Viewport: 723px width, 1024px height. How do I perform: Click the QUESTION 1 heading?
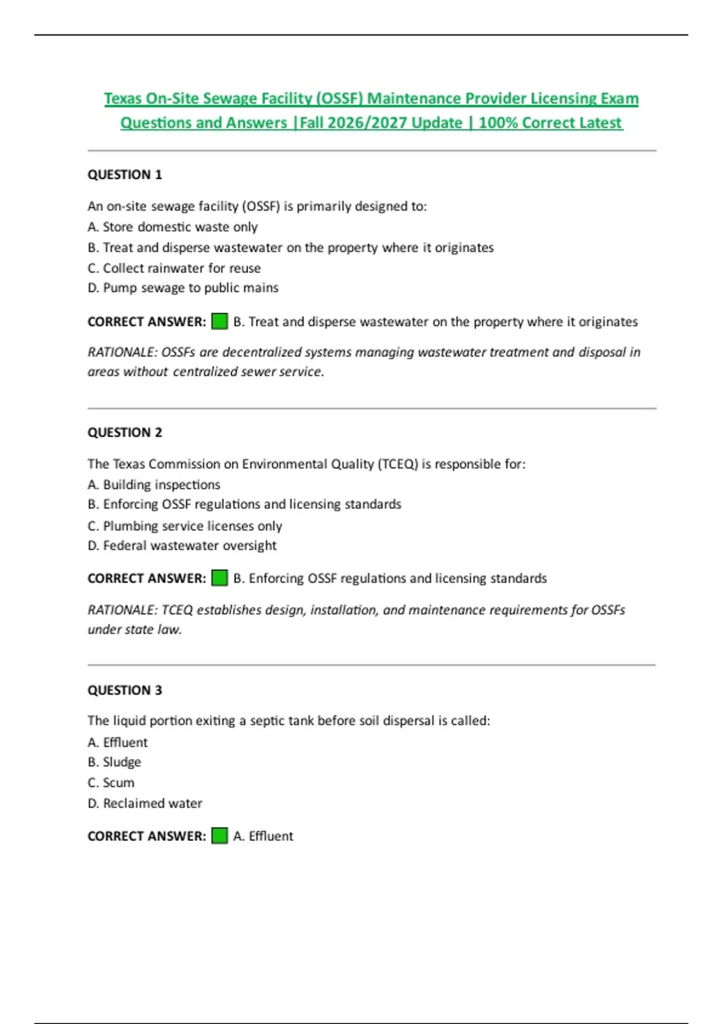pyautogui.click(x=125, y=175)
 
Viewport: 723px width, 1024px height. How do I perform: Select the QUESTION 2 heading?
pyautogui.click(x=125, y=432)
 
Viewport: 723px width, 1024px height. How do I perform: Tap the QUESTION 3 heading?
pyautogui.click(x=125, y=690)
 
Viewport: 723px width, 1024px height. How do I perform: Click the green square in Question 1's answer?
pyautogui.click(x=219, y=322)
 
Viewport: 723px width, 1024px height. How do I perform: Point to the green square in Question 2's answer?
pyautogui.click(x=219, y=578)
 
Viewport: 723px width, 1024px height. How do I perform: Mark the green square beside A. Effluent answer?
pyautogui.click(x=219, y=836)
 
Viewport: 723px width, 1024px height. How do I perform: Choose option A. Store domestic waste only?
pyautogui.click(x=172, y=227)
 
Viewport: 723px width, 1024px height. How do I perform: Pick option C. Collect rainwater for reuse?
pyautogui.click(x=174, y=268)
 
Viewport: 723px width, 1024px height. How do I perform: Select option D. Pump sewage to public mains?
pyautogui.click(x=183, y=288)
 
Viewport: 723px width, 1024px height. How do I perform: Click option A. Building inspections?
pyautogui.click(x=154, y=485)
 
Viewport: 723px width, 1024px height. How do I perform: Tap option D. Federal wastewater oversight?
pyautogui.click(x=182, y=546)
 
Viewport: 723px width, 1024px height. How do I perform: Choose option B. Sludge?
pyautogui.click(x=114, y=762)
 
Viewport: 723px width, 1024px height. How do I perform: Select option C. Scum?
pyautogui.click(x=111, y=782)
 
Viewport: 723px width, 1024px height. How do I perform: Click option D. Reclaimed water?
pyautogui.click(x=145, y=804)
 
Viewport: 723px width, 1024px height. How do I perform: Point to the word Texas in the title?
pyautogui.click(x=121, y=99)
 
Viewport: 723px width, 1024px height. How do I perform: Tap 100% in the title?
pyautogui.click(x=498, y=123)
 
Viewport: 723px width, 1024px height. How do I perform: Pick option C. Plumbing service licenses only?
pyautogui.click(x=185, y=526)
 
